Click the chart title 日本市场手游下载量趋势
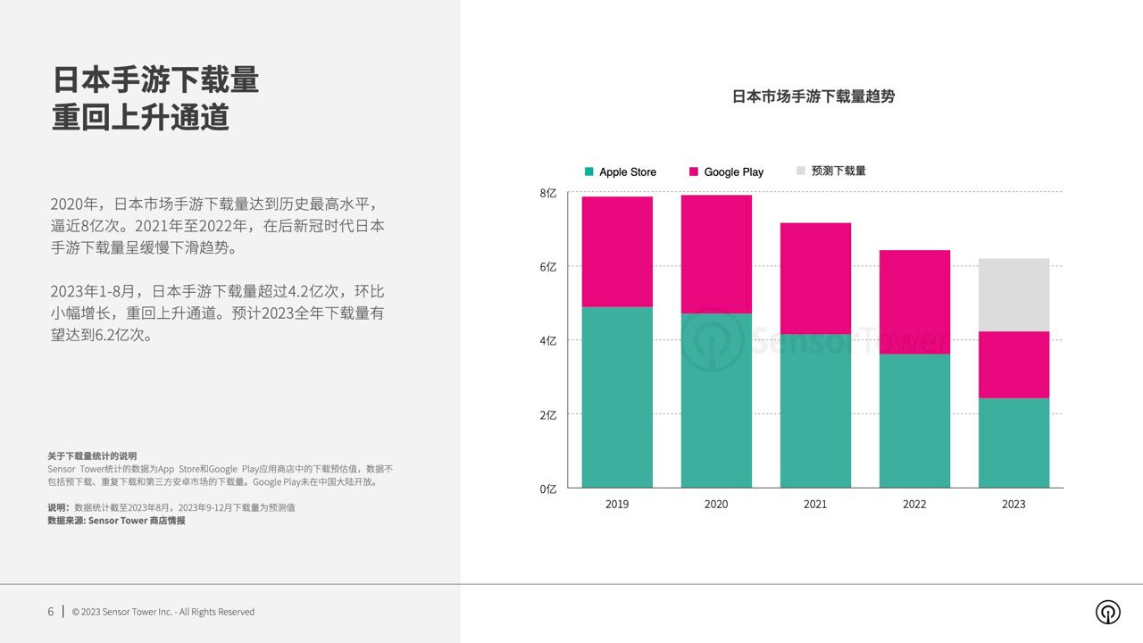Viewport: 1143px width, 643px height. (x=813, y=96)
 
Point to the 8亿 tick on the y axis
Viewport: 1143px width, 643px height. (x=548, y=193)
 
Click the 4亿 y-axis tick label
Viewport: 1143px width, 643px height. (x=548, y=340)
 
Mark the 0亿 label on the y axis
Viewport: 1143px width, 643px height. (x=548, y=489)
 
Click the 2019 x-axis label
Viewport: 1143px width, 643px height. (x=617, y=504)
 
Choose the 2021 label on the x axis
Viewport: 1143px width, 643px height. (x=815, y=504)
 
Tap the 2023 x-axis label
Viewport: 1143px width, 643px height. (x=1014, y=504)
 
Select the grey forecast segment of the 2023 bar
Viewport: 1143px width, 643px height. (x=1014, y=295)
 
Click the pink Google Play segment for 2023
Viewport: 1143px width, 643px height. (x=1014, y=364)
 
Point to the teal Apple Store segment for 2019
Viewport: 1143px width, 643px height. (x=617, y=397)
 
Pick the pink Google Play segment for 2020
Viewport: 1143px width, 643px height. (x=716, y=254)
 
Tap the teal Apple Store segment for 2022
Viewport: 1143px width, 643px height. (x=914, y=421)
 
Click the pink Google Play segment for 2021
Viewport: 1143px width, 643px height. (x=815, y=278)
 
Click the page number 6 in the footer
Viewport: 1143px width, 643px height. (x=51, y=612)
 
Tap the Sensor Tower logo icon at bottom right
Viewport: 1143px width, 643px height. (x=1108, y=612)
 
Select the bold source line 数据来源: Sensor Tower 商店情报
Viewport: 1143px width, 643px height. (x=116, y=520)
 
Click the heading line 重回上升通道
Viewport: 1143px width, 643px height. (x=141, y=118)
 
